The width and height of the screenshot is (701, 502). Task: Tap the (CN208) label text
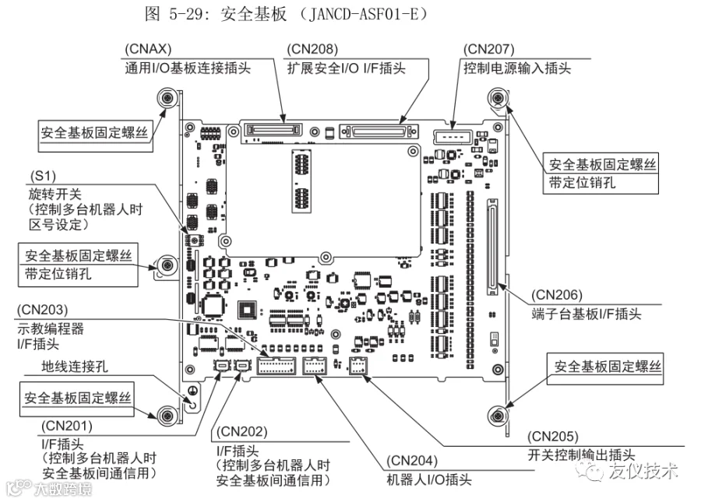click(x=309, y=49)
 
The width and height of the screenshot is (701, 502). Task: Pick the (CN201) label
click(x=65, y=426)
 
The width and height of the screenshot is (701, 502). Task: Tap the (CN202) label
click(x=241, y=431)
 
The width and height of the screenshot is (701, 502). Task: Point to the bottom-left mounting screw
click(x=165, y=415)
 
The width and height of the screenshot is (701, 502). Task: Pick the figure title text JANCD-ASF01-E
click(x=356, y=13)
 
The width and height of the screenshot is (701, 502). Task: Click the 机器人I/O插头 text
click(x=429, y=479)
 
